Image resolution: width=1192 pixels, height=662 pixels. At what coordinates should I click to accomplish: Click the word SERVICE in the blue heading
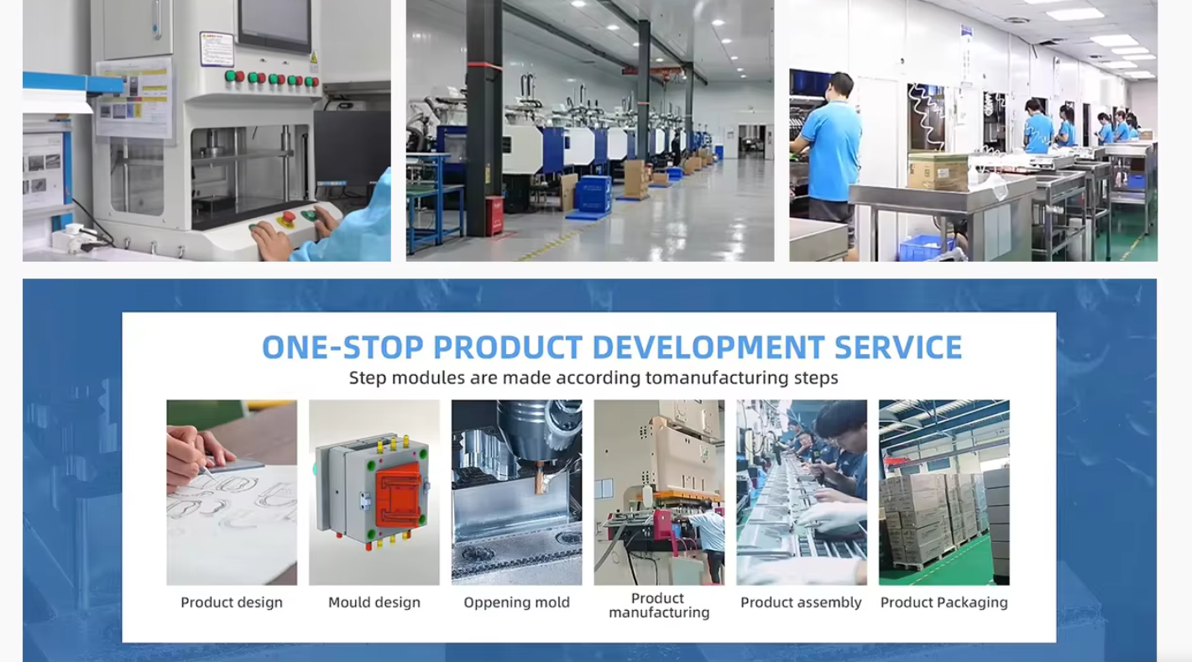[x=898, y=347]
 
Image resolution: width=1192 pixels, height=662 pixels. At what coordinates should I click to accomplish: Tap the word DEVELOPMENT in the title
[x=708, y=347]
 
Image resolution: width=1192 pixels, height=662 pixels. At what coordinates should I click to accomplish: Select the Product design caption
[x=232, y=602]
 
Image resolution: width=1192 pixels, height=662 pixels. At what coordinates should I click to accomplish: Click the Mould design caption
[x=374, y=602]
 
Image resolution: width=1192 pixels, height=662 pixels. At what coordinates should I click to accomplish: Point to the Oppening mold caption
[x=517, y=602]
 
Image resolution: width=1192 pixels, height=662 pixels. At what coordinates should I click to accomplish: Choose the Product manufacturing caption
[x=659, y=606]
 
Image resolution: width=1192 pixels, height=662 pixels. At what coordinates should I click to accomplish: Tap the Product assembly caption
[x=801, y=602]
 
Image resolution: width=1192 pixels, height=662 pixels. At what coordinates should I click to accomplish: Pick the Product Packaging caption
[x=944, y=602]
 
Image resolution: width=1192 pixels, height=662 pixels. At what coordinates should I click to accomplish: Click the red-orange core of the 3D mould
[x=399, y=498]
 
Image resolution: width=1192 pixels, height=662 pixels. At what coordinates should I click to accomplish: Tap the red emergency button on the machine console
[x=288, y=217]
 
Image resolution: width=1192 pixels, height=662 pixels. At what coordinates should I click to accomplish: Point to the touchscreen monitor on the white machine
[x=274, y=24]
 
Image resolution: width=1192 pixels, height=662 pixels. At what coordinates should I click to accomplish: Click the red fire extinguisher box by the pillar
[x=494, y=214]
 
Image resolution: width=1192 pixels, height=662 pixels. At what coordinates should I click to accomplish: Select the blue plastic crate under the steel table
[x=925, y=248]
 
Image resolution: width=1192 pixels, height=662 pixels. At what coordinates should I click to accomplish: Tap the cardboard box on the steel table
[x=938, y=172]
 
